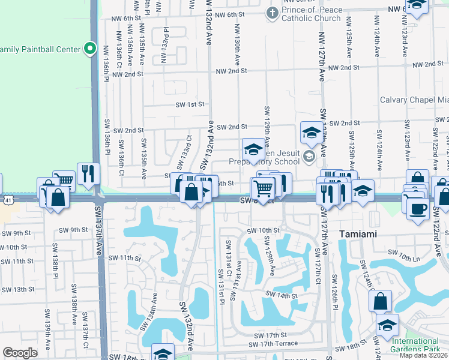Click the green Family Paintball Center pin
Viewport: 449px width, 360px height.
point(90,48)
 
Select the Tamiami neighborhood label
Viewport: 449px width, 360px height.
point(358,233)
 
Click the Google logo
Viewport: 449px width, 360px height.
point(20,353)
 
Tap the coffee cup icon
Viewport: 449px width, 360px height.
point(418,208)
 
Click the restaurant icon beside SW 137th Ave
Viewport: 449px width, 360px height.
point(88,173)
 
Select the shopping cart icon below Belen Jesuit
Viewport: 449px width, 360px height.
point(262,188)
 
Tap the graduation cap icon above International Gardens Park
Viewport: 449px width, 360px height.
point(387,325)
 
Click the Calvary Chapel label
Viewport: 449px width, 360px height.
point(414,100)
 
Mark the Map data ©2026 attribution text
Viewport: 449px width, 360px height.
point(423,355)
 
